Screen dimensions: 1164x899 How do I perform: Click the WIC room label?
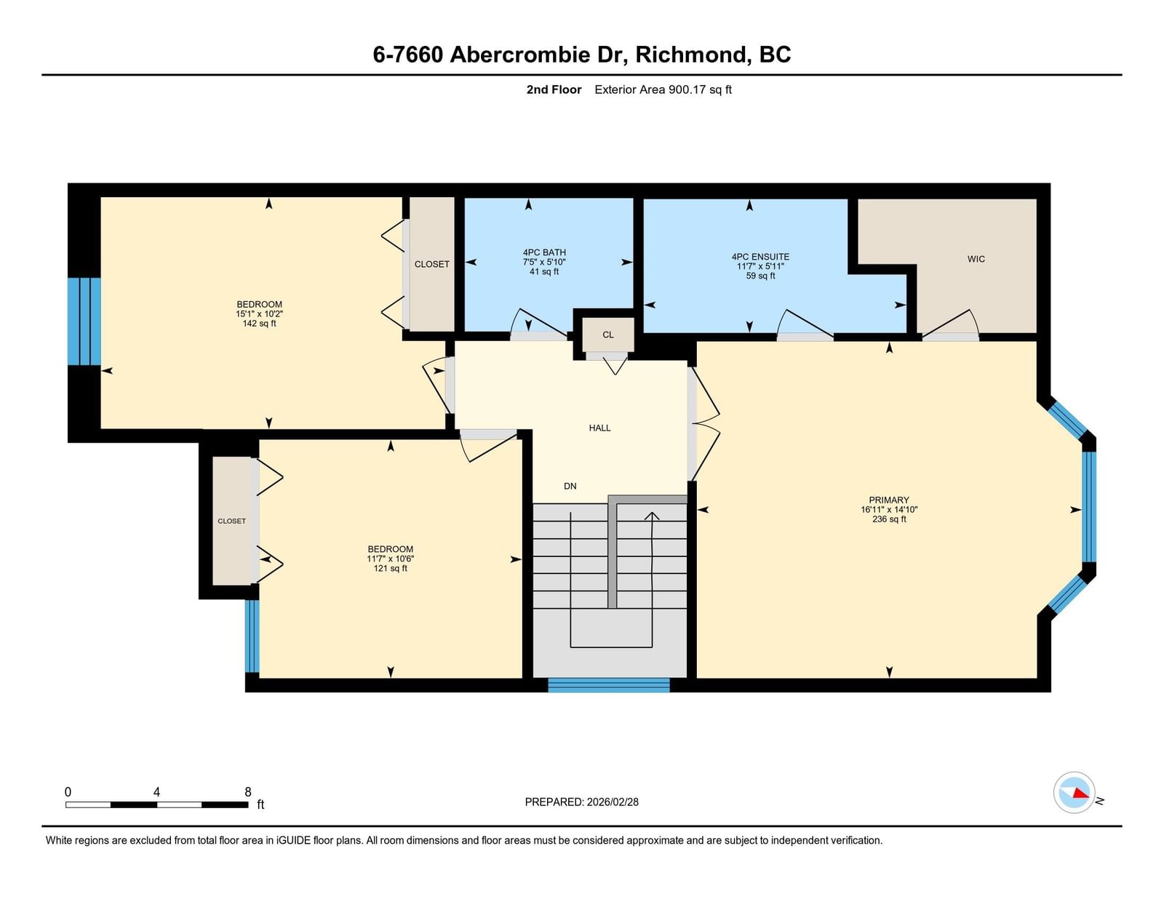[x=976, y=259]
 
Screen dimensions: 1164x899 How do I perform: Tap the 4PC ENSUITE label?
[x=760, y=257]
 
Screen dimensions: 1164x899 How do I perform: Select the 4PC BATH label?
[x=544, y=252]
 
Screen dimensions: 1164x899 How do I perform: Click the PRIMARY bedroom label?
[x=889, y=500]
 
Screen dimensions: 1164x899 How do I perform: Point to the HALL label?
[x=599, y=428]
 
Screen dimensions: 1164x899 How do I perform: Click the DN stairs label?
[x=570, y=486]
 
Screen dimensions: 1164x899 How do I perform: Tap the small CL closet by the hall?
[x=608, y=335]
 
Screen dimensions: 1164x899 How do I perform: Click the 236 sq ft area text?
[x=889, y=519]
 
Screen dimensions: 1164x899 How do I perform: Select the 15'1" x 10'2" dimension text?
[x=259, y=314]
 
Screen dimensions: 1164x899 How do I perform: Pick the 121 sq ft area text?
[x=390, y=569]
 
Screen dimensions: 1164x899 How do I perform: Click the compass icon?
[x=1074, y=793]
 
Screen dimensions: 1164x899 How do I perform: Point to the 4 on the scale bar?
[x=156, y=792]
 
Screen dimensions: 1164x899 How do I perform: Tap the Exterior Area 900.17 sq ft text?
[x=663, y=90]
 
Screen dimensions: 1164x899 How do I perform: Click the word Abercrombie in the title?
[x=519, y=55]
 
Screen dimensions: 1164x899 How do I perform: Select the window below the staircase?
[x=608, y=685]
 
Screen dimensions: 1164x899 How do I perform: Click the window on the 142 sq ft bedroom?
[x=84, y=321]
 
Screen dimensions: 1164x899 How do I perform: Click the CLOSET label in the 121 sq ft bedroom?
[x=231, y=521]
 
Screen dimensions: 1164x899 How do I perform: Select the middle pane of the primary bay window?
[x=1089, y=506]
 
